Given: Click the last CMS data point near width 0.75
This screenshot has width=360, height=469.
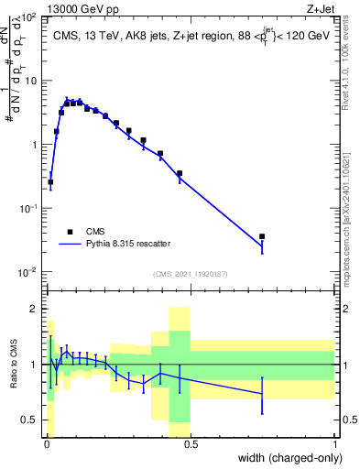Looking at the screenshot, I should coord(262,236).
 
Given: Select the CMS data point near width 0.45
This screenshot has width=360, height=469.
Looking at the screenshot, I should coord(180,173).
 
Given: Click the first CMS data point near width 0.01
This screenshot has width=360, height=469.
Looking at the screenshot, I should coord(50,182).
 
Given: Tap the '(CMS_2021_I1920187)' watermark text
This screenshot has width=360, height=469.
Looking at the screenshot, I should coord(190,274).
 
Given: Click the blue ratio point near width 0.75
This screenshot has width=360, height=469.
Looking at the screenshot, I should coord(262,394).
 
